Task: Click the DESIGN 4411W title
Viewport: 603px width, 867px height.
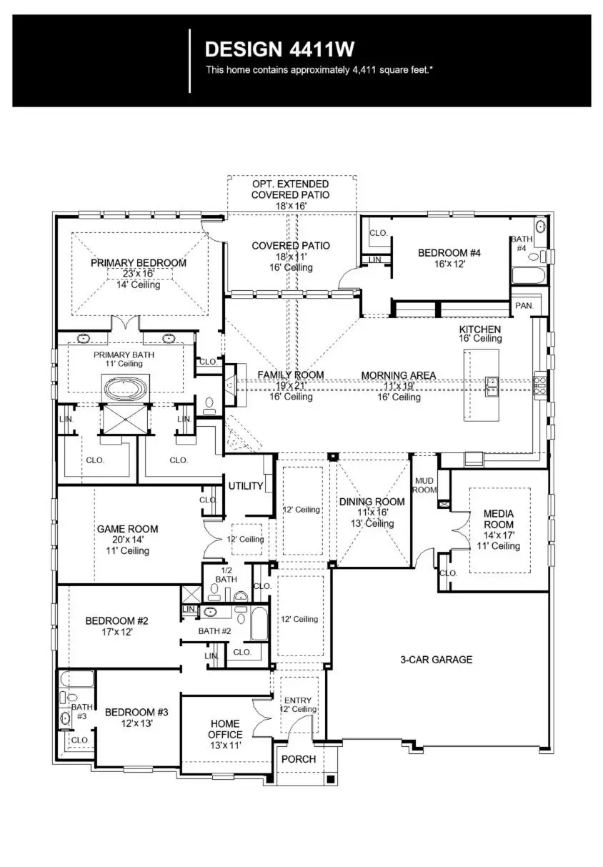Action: (x=279, y=49)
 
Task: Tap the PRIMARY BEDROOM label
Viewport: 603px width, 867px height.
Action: (x=139, y=263)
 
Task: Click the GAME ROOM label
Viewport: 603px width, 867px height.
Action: (x=127, y=529)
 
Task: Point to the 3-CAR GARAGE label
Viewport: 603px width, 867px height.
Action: (x=436, y=660)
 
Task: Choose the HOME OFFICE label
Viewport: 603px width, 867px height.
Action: (x=225, y=729)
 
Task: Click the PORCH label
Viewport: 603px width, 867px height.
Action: (x=299, y=759)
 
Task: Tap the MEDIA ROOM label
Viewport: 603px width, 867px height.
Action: (x=499, y=519)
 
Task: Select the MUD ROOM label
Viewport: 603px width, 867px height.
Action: (x=424, y=485)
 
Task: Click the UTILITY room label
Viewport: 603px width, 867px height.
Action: (x=246, y=486)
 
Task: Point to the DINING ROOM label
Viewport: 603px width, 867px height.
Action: (x=372, y=502)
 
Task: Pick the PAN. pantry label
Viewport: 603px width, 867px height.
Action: (x=523, y=305)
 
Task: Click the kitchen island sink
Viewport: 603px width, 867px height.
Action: (x=492, y=385)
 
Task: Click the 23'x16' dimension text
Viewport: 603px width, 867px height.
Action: (x=139, y=274)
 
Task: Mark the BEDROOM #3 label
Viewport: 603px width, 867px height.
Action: (x=136, y=712)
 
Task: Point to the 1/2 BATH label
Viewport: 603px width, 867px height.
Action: (x=226, y=574)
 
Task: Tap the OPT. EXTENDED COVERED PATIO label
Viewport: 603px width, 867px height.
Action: (x=290, y=189)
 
